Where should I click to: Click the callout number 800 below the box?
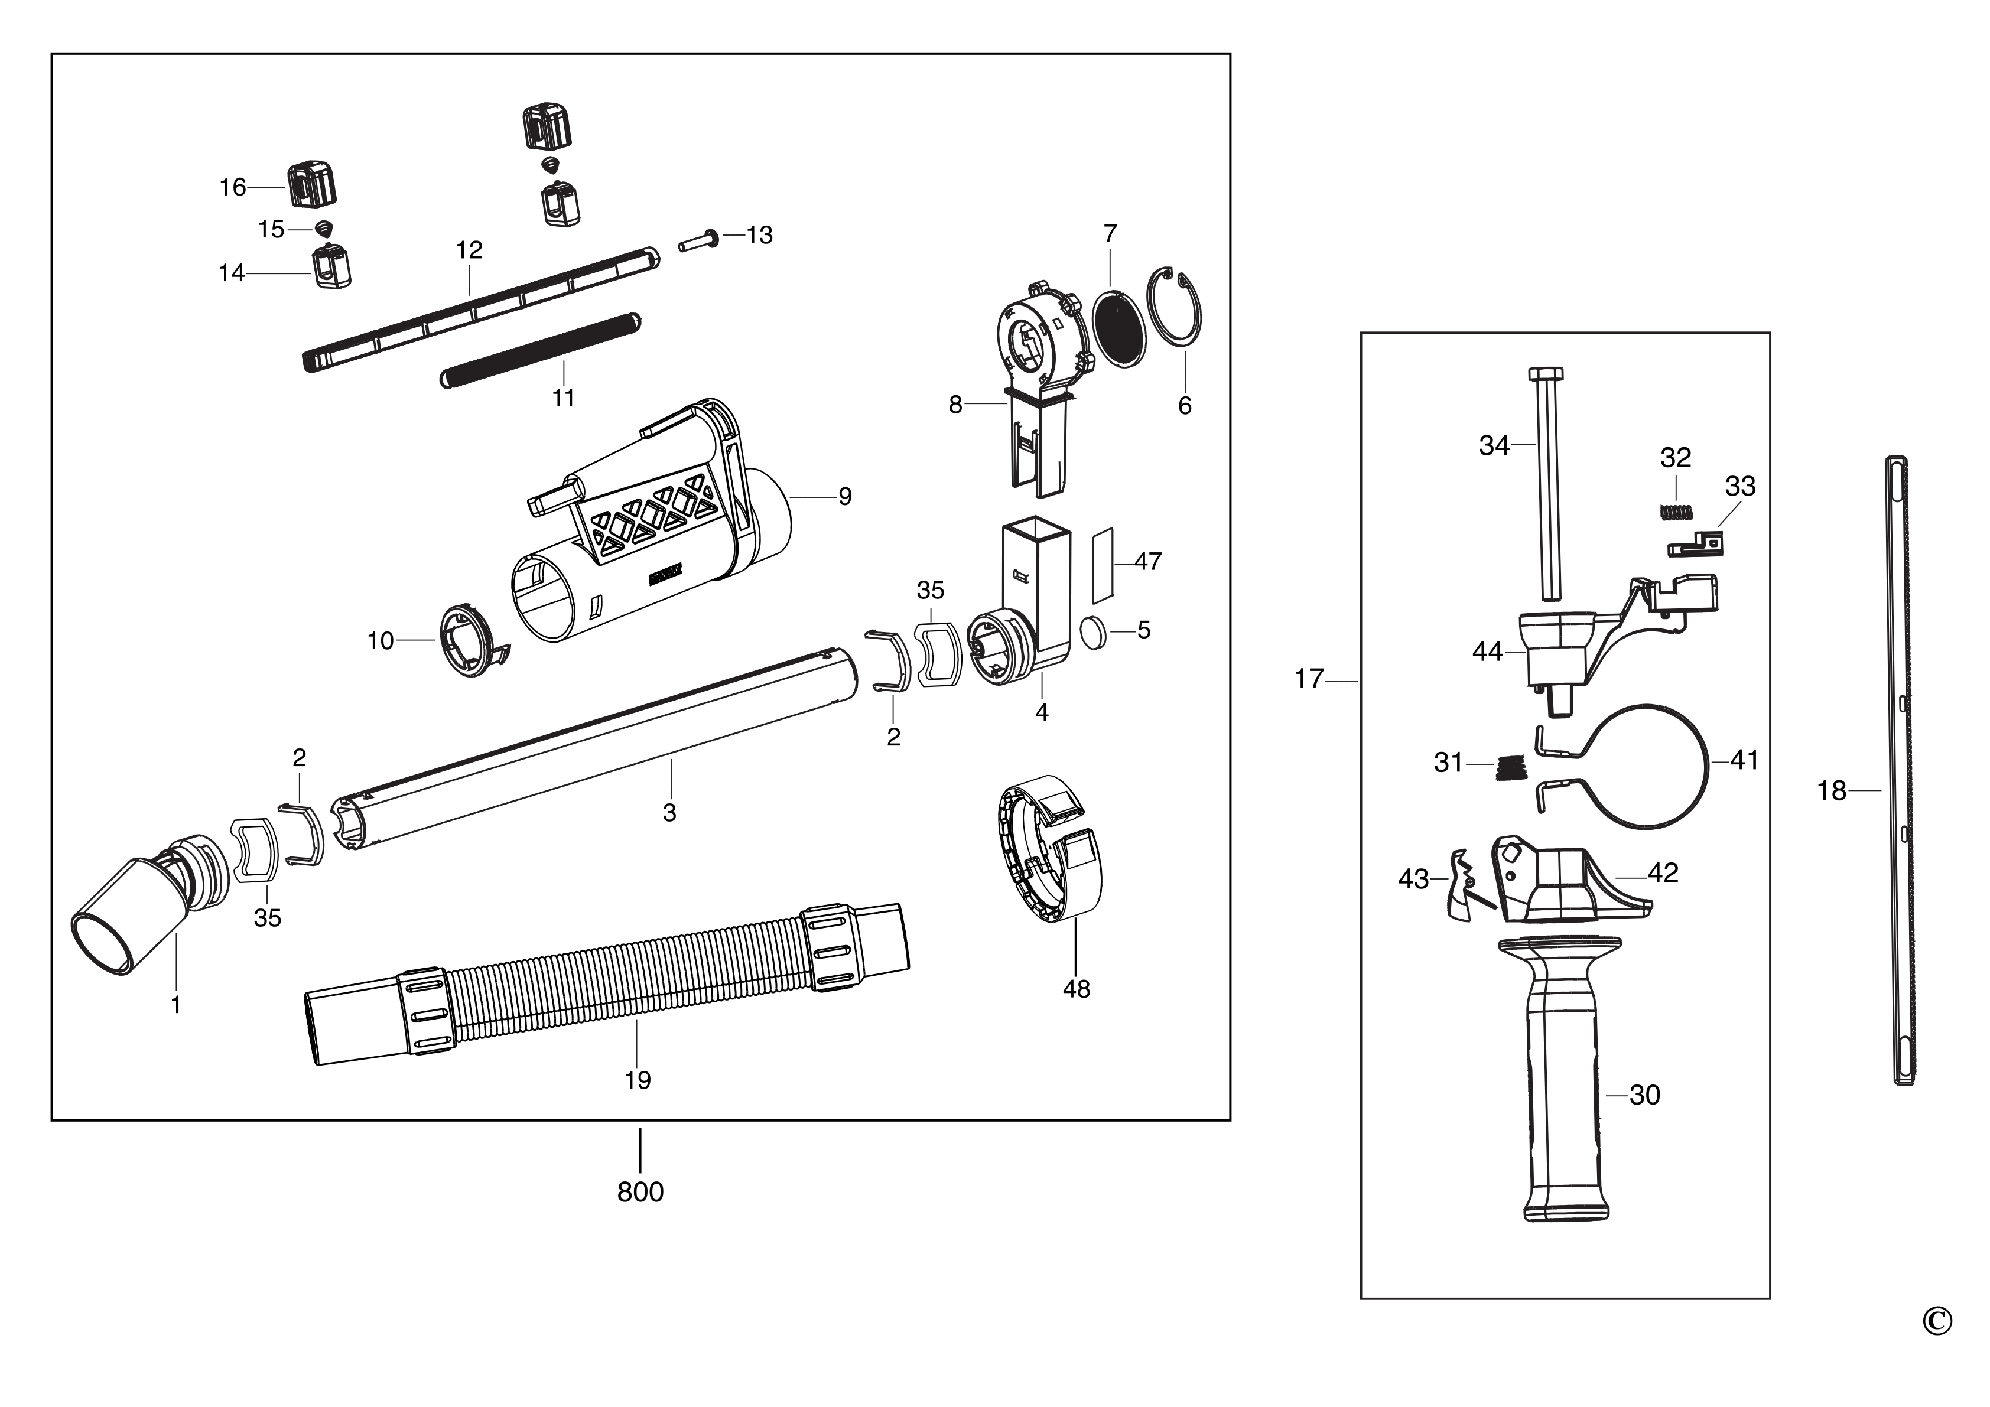640,1192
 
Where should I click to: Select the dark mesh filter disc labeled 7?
1119,329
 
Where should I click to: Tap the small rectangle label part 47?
1101,564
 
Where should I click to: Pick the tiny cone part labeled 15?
323,228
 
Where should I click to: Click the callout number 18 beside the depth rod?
1832,791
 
